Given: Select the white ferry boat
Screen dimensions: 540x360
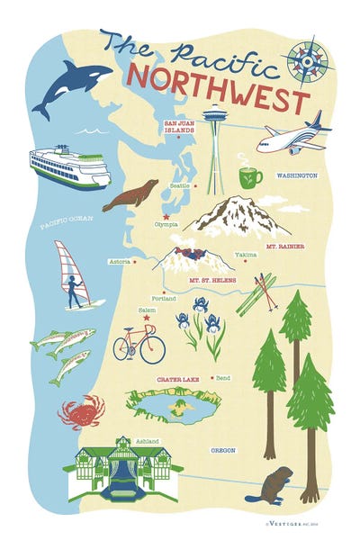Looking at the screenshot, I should click(x=69, y=166).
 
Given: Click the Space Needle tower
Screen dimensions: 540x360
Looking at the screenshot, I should click(x=214, y=144).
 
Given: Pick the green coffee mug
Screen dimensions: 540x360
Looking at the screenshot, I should click(x=249, y=175).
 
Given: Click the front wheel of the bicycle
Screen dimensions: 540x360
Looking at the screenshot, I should click(x=152, y=348).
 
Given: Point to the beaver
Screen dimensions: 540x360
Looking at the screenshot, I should click(x=268, y=486).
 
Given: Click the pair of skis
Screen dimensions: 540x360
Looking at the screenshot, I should click(x=256, y=293).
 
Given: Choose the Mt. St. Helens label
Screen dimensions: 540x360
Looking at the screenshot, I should click(x=212, y=280).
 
